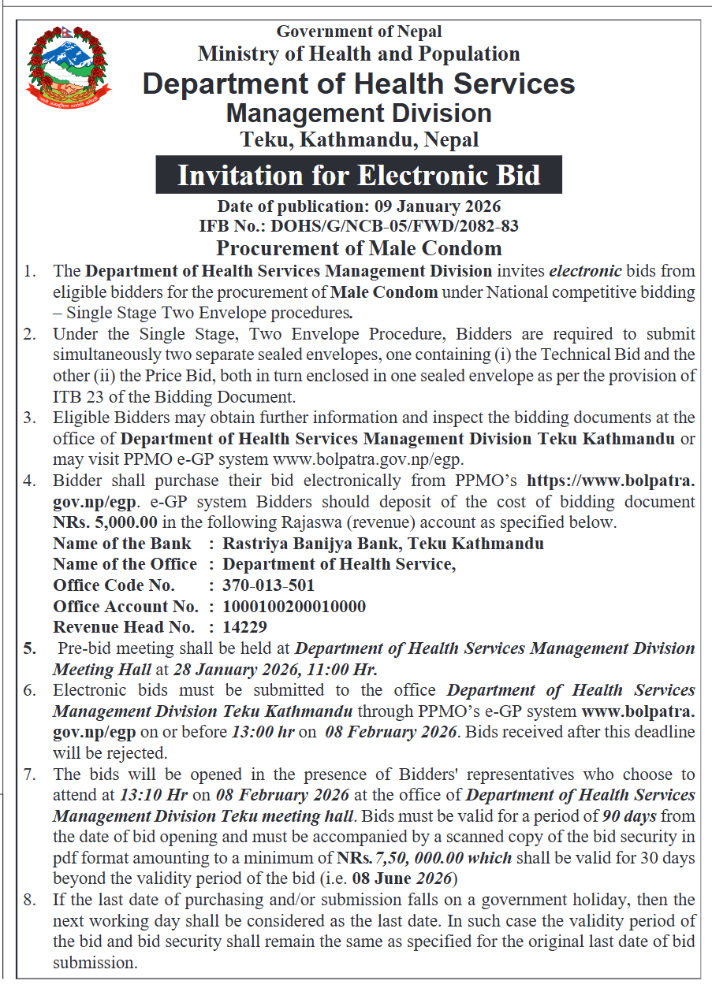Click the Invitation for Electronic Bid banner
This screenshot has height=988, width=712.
click(x=359, y=175)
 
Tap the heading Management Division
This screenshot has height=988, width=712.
click(x=359, y=113)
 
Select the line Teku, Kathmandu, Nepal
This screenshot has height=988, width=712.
click(x=359, y=140)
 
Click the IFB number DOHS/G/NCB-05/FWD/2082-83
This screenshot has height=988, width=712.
click(x=394, y=227)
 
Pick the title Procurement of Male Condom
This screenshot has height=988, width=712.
click(x=359, y=248)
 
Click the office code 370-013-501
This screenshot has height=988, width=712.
click(x=268, y=585)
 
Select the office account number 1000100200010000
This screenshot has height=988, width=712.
click(x=293, y=607)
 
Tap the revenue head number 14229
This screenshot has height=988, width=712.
click(x=244, y=628)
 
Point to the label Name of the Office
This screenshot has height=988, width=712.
click(x=125, y=564)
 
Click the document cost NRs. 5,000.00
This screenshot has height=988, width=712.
click(x=105, y=522)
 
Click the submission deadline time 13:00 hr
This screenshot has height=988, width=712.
click(x=263, y=731)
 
